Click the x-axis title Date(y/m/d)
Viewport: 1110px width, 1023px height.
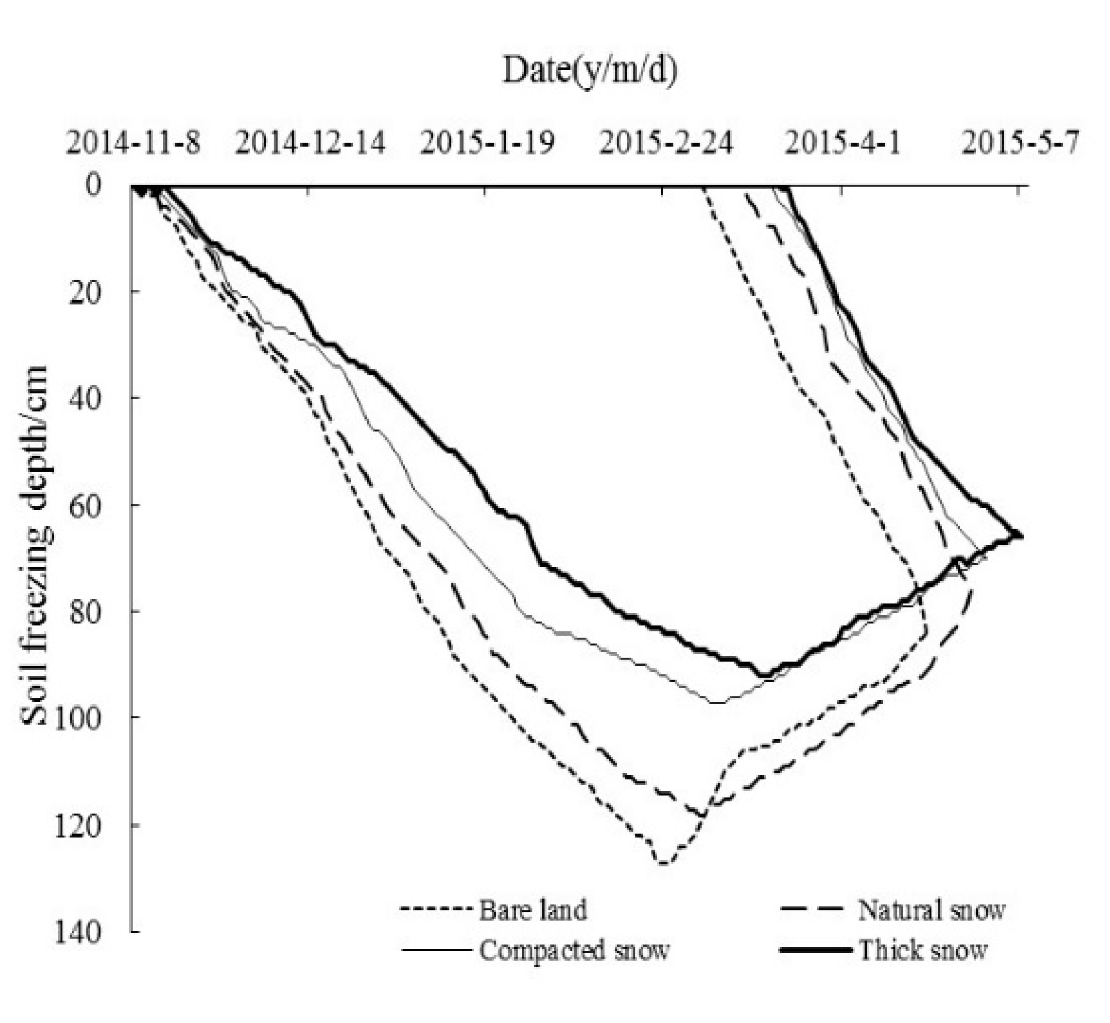point(590,70)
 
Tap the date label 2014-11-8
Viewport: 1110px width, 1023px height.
point(134,144)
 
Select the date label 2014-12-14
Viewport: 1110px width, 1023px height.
point(310,144)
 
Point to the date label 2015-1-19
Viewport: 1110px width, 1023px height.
point(488,144)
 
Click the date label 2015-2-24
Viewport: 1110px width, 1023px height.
point(666,144)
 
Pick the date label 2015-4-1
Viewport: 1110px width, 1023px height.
point(843,144)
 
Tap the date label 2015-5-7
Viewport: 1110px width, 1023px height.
point(1021,144)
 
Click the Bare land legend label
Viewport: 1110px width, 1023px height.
point(533,910)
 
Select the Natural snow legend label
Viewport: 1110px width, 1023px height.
point(932,910)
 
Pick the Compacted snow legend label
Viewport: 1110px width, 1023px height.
point(574,950)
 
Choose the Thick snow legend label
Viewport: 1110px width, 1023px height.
point(922,950)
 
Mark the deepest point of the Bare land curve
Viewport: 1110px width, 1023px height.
point(663,863)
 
